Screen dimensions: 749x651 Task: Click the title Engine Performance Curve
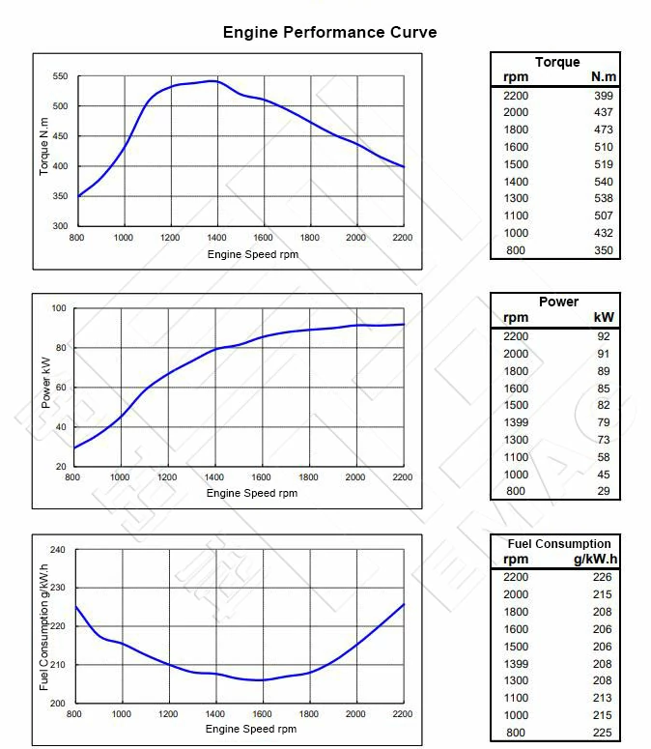click(329, 32)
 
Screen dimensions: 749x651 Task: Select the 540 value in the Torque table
click(603, 182)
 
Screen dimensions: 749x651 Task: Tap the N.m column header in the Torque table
click(603, 77)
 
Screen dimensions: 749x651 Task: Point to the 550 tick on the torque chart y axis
click(60, 76)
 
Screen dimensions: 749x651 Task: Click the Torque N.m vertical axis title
click(44, 150)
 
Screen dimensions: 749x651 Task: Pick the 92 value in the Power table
click(605, 335)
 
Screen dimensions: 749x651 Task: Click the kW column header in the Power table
click(603, 317)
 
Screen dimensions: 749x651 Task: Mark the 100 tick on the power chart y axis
click(58, 308)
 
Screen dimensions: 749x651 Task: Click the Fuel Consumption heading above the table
click(558, 543)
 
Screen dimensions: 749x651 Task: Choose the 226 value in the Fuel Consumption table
click(602, 577)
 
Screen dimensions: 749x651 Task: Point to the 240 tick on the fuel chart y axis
click(57, 550)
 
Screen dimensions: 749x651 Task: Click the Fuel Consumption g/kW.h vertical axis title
click(44, 626)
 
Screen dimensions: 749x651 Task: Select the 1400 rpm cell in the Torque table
click(516, 182)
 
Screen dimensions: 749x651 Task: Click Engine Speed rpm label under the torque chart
click(252, 254)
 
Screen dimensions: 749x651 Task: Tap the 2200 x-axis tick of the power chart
click(402, 477)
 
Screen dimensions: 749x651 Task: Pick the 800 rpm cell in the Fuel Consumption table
click(516, 733)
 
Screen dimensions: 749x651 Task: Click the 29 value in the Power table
click(605, 491)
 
